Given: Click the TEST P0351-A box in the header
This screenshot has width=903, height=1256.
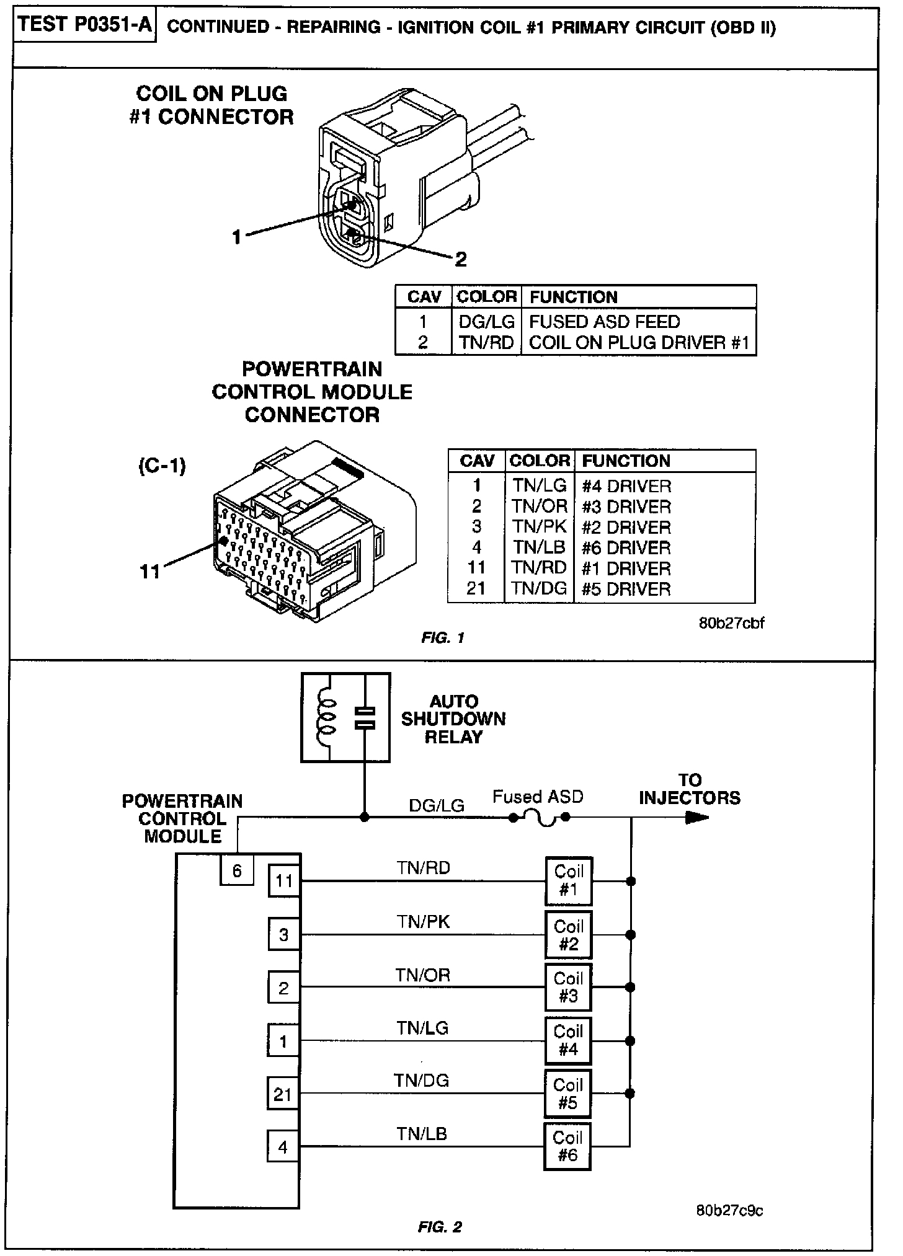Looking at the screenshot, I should [85, 26].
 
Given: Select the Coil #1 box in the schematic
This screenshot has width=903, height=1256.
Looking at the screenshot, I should [568, 881].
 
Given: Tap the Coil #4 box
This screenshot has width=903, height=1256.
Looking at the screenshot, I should [568, 1040].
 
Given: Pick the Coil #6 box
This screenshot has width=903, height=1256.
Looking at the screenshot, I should [567, 1146].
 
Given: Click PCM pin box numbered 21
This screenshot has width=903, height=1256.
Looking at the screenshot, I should [283, 1094].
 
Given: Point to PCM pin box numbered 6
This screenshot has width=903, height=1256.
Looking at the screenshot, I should [237, 871].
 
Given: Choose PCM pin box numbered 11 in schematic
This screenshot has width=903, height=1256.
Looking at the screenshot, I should [284, 881].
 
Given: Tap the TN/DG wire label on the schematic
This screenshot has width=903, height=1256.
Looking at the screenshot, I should [421, 1081].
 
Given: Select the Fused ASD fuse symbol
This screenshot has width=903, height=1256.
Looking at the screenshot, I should [538, 820].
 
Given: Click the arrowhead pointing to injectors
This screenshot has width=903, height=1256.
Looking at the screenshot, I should [697, 818].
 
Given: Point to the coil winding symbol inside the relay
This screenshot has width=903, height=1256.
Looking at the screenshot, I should [326, 717].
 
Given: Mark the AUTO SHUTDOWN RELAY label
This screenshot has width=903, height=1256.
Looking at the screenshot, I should [453, 719].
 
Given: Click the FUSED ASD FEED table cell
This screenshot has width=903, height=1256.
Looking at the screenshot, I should [604, 322].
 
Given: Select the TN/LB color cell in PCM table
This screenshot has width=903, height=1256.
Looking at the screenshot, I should [539, 547].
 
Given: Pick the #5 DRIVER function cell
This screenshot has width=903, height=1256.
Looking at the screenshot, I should [626, 588].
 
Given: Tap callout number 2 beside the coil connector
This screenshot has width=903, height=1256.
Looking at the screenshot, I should [460, 259].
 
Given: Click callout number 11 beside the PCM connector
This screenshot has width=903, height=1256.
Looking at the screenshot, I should [151, 571].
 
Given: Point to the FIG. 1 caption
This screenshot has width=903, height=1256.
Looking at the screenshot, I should [443, 638].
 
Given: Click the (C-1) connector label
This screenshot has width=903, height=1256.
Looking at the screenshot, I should [162, 466].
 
